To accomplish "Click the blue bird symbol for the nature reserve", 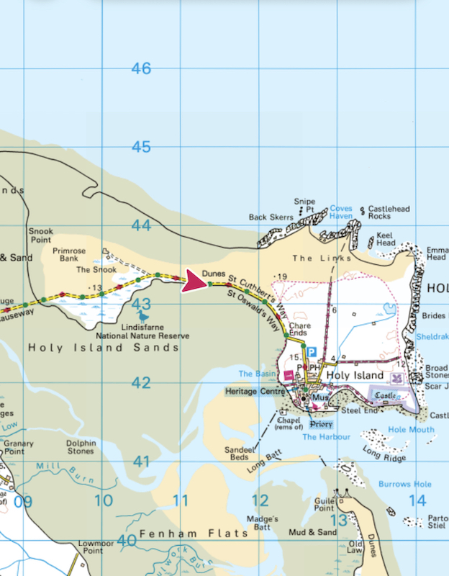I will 144,315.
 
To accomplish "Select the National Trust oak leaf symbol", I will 395,377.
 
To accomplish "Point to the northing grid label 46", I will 141,68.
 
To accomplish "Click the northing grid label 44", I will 141,225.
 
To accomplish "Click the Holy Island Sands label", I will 103,348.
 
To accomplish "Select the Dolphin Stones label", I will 80,447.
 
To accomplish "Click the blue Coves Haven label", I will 341,212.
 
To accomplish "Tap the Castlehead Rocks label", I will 389,212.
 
